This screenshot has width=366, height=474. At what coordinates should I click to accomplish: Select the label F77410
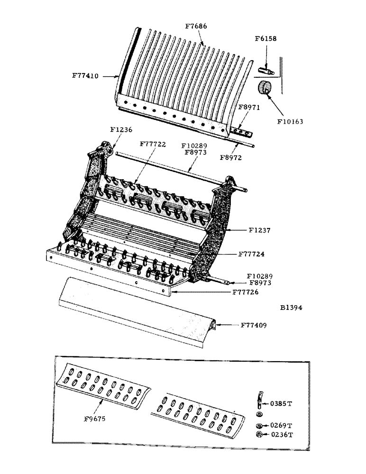[x=85, y=75]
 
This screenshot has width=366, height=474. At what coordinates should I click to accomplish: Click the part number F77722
[x=153, y=144]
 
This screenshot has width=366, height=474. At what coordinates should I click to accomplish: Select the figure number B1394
[x=291, y=308]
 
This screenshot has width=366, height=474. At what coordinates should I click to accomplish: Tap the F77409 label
[x=253, y=325]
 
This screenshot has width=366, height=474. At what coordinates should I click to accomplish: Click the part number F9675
[x=95, y=419]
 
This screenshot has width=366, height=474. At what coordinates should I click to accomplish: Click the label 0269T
[x=282, y=425]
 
